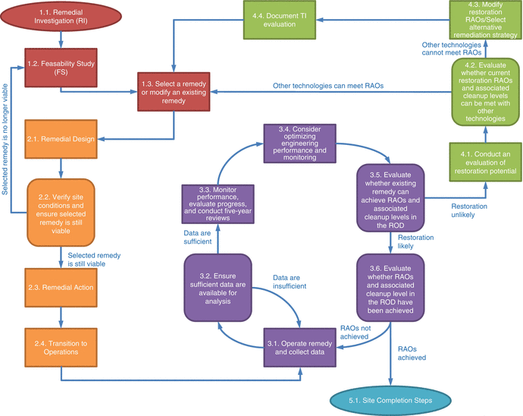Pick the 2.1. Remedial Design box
click(61, 139)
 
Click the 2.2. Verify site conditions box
click(61, 211)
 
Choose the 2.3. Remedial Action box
click(61, 288)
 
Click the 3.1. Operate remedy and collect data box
click(299, 347)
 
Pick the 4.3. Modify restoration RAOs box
click(483, 21)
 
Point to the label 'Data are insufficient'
click(290, 282)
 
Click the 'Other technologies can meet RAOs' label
click(327, 86)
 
